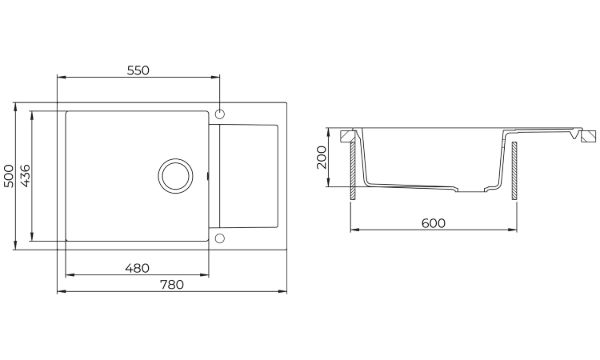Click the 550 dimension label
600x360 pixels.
pos(138,70)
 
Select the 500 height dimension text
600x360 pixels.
pos(8,176)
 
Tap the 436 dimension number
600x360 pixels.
pos(25,176)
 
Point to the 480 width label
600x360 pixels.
pos(137,268)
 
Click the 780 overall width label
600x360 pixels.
pos(172,285)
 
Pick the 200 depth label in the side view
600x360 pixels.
pos(322,157)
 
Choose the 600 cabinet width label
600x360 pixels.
pos(434,223)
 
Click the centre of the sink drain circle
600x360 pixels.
pos(176,176)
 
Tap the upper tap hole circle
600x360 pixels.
pos(220,114)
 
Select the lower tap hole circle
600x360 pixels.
pos(220,238)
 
